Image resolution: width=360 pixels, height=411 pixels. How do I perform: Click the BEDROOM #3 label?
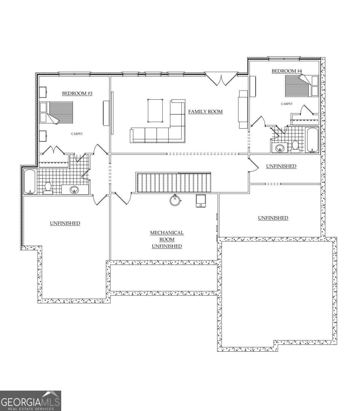click(77, 94)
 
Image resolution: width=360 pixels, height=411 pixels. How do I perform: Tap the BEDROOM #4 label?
click(287, 71)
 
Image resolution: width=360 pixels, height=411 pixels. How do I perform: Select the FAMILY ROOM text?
click(205, 112)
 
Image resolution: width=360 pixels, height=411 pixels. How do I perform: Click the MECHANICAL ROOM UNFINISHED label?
click(167, 239)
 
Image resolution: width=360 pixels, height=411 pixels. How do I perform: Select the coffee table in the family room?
click(155, 111)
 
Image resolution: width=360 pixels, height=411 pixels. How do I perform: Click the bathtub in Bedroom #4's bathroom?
click(312, 140)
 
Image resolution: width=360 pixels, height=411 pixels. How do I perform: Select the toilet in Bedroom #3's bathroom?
click(48, 188)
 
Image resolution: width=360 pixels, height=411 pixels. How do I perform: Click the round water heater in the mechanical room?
click(175, 200)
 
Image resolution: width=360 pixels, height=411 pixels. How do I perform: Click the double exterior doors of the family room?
click(221, 79)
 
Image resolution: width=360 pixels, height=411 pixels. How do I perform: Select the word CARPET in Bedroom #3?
click(77, 134)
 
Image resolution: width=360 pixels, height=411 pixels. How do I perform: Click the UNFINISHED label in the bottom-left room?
click(65, 223)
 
